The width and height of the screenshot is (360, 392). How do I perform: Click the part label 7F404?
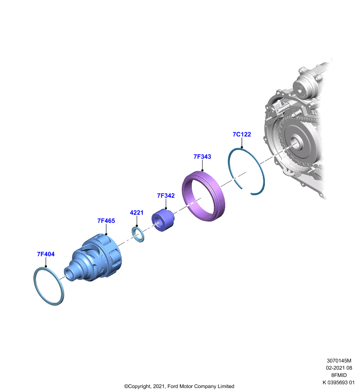pyautogui.click(x=46, y=254)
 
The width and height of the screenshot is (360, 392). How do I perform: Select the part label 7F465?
pyautogui.click(x=106, y=221)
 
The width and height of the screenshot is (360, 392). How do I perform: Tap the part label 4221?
pyautogui.click(x=137, y=213)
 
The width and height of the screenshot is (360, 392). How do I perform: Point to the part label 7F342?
pyautogui.click(x=166, y=196)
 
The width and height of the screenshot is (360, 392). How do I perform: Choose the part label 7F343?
pyautogui.click(x=203, y=156)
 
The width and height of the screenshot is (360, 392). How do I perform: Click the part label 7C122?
pyautogui.click(x=242, y=134)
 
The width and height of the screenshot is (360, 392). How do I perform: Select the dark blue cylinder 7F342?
pyautogui.click(x=163, y=220)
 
